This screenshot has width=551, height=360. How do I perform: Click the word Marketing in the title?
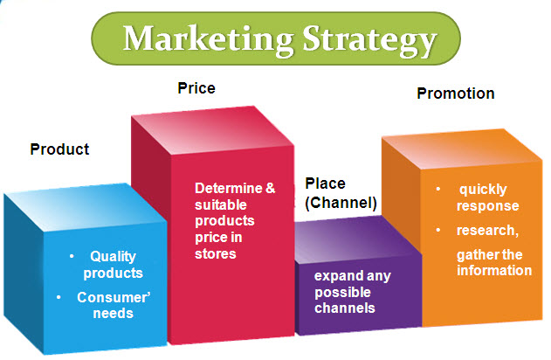point(209,40)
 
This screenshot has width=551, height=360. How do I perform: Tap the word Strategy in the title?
point(369,41)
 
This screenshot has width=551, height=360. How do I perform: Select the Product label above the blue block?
point(59,149)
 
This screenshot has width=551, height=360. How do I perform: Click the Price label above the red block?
point(196,88)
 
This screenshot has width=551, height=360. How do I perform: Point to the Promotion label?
point(456,93)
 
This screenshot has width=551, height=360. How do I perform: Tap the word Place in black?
point(326,183)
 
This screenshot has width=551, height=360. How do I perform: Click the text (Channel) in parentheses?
point(341,203)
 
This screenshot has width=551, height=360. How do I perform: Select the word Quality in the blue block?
point(114,257)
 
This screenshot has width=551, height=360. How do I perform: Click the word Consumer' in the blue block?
point(114,297)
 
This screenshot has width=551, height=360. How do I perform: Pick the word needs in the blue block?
point(114,313)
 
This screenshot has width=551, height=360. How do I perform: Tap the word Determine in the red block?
point(229,188)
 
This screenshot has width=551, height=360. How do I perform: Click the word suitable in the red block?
point(221,204)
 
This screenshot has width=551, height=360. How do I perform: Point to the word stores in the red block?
point(216,253)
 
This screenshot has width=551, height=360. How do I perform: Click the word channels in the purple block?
point(345,308)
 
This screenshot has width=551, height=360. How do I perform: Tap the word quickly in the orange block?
point(483,190)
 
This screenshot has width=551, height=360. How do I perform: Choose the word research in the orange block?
point(486,231)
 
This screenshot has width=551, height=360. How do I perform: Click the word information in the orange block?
point(494,270)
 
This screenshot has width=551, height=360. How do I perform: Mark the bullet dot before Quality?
point(72,256)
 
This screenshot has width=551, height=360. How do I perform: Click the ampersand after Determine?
point(270,188)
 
